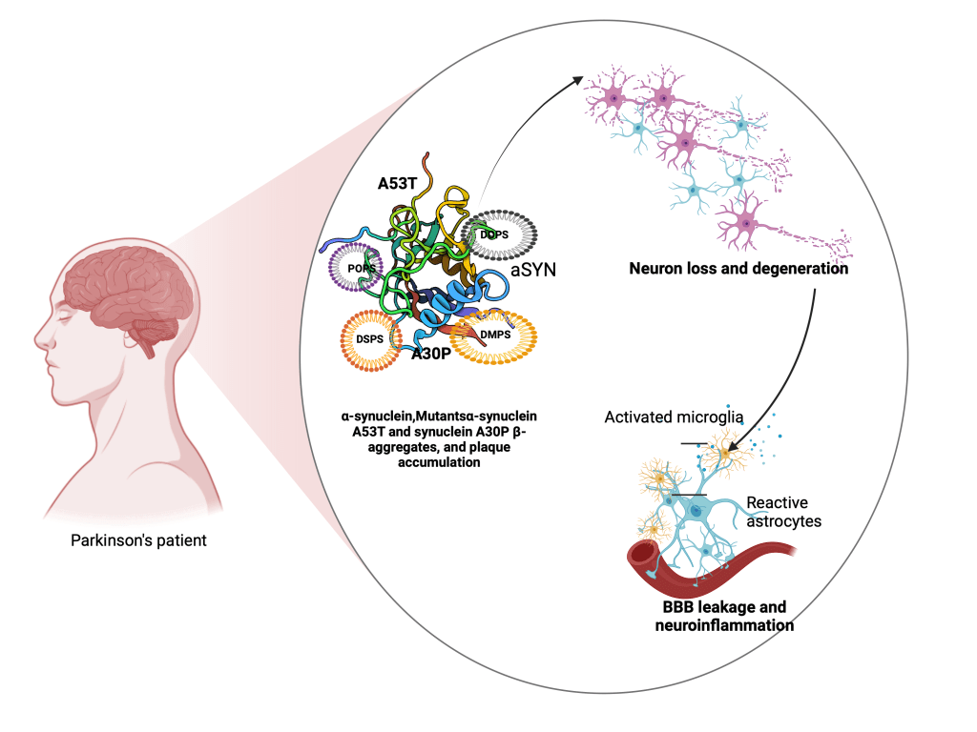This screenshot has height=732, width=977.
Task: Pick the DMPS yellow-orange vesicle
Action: click(x=492, y=335)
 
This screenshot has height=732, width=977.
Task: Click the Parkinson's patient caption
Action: click(x=139, y=540)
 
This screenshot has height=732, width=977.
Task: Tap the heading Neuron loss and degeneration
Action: click(x=738, y=269)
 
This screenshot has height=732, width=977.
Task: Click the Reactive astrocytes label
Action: click(x=783, y=511)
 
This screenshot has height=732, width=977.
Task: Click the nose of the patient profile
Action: click(x=39, y=336)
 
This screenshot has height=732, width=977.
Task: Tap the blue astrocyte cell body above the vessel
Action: click(x=699, y=512)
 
